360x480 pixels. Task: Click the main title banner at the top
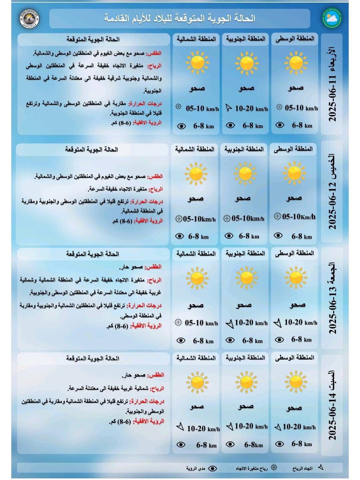tap(180, 18)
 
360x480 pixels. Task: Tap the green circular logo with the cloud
tap(331, 19)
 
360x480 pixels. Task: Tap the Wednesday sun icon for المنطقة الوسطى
tap(295, 63)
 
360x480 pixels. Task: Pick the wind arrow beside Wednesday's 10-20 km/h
tap(229, 108)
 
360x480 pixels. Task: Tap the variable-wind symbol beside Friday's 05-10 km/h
tap(178, 322)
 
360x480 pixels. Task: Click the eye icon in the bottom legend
tap(212, 468)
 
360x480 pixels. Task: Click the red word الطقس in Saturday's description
tap(156, 375)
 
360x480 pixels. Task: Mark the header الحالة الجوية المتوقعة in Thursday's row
tap(91, 149)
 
